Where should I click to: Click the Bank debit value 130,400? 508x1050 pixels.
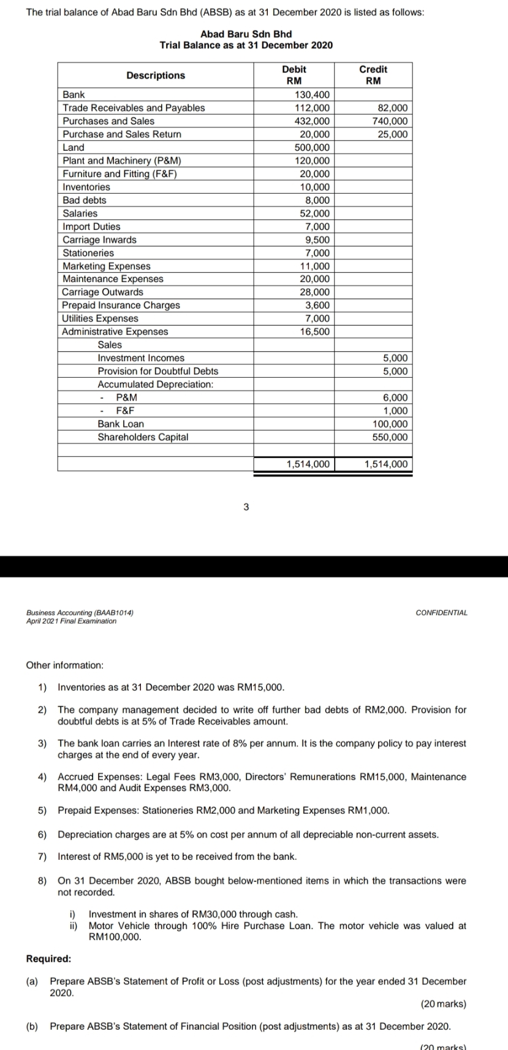point(312,94)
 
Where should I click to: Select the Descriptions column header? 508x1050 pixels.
point(156,75)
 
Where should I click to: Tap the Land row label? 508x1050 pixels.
point(74,147)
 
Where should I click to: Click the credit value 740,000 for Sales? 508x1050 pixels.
point(390,121)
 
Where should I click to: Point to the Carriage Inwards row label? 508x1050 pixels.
point(100,240)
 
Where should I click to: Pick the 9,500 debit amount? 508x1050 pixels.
point(317,240)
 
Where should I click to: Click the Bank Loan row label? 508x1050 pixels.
point(121,424)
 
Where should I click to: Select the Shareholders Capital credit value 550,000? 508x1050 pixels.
point(390,437)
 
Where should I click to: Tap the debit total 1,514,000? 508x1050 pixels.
point(308,464)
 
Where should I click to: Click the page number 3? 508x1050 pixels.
point(246,507)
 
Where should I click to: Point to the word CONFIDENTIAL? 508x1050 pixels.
point(441,613)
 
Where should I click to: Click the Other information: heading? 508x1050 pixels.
point(65,665)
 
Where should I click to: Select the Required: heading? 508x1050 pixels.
point(48,959)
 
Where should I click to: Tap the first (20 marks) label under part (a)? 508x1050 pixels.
point(443,1004)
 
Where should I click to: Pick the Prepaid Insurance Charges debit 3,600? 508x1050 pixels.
point(317,305)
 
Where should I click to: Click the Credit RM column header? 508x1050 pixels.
point(373,75)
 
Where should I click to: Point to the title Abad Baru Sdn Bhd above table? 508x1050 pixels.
point(246,34)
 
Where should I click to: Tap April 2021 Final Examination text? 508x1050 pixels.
point(71,621)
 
